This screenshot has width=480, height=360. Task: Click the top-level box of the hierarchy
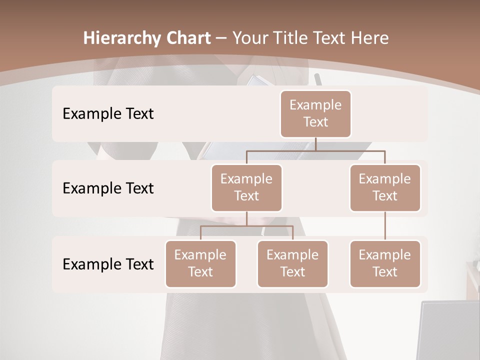coord(315,114)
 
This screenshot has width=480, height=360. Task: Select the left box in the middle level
coord(246,188)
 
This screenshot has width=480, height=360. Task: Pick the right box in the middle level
coord(385,188)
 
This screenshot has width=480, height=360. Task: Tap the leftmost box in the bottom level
coord(200,264)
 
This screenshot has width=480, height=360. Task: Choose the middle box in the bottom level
coord(292,264)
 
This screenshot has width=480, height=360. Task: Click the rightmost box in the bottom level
coord(385,264)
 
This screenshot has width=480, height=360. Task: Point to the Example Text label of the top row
coord(108,114)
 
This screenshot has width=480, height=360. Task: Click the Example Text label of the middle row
coord(108,188)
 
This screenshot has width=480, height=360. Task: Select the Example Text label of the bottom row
coord(108,264)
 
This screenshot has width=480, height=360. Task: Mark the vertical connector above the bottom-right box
coord(385,226)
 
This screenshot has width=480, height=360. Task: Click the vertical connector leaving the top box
coord(315,144)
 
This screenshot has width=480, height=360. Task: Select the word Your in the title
coord(249,38)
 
